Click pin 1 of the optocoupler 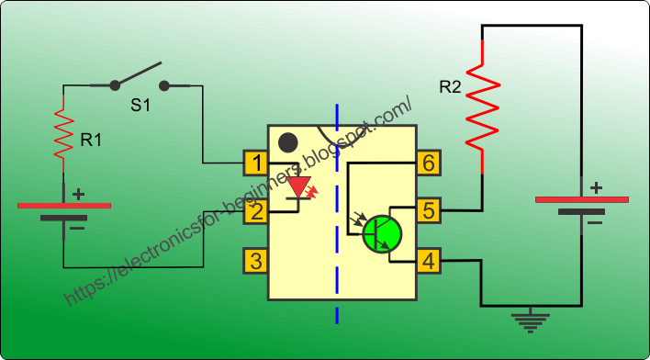[x=256, y=164]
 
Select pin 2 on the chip [x=256, y=212]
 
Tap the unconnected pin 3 [x=256, y=261]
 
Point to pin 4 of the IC [x=427, y=261]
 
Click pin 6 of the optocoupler [x=427, y=164]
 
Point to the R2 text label [x=450, y=88]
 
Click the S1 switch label [x=140, y=106]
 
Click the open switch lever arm [x=138, y=74]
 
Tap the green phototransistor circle [x=382, y=233]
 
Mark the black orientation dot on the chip [x=288, y=142]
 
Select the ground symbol [x=530, y=319]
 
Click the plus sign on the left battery [x=78, y=194]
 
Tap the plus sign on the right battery [x=596, y=187]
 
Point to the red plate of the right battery [x=582, y=199]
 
